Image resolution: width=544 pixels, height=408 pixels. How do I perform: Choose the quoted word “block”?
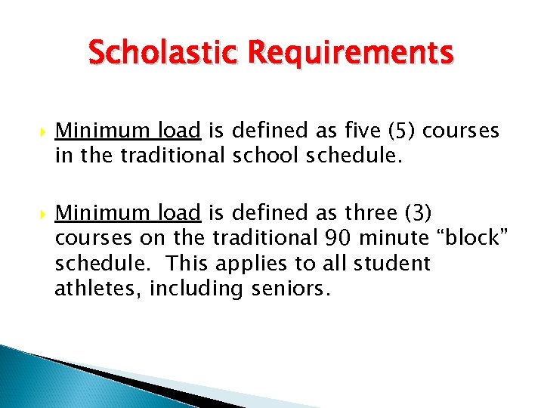[x=474, y=239]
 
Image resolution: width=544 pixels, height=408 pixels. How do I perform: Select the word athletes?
[x=98, y=289]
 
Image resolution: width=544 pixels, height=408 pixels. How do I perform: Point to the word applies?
[x=247, y=264]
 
